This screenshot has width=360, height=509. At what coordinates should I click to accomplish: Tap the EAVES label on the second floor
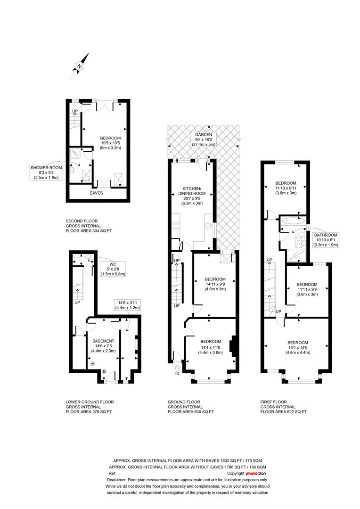click(97, 193)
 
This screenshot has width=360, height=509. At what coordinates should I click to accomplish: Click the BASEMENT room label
click(103, 341)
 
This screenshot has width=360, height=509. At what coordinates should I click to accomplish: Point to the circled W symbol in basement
click(92, 363)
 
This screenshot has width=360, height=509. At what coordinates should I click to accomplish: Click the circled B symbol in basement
click(104, 371)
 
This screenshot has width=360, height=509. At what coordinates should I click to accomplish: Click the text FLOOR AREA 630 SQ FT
click(191, 412)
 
